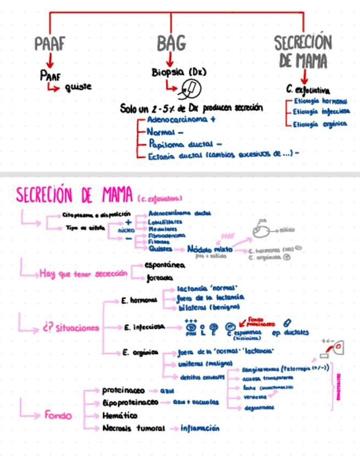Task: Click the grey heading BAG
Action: tap(171, 43)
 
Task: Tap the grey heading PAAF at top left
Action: tap(50, 44)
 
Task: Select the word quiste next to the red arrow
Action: tap(78, 87)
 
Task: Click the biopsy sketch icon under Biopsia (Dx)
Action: tap(192, 87)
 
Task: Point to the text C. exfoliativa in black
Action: tap(308, 89)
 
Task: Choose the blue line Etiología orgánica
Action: tap(320, 124)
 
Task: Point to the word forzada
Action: tap(160, 278)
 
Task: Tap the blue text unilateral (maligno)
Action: tap(206, 364)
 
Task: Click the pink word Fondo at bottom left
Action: tap(58, 415)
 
